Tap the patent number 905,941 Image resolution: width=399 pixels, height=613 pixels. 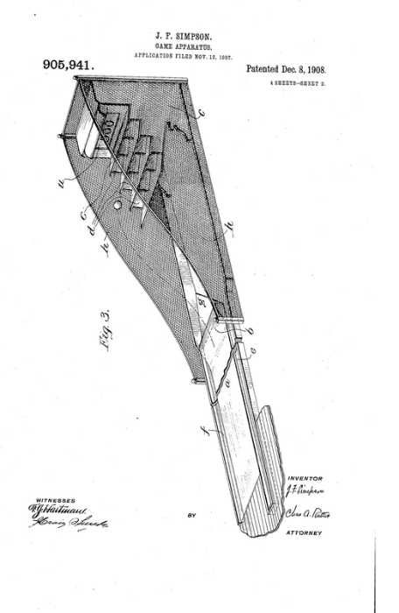click(67, 65)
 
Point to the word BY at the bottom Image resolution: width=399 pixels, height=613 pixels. click(192, 515)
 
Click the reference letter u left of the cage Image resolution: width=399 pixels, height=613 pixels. click(60, 183)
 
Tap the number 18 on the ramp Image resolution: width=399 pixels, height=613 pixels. click(202, 302)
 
